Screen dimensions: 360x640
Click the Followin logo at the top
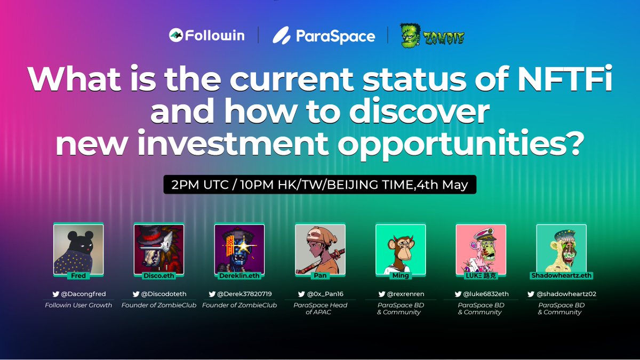[x=206, y=36]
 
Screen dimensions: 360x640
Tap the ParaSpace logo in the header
[x=324, y=36]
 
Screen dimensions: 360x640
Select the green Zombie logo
[x=433, y=36]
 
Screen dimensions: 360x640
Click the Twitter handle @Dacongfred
[x=83, y=293]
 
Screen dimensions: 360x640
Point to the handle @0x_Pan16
[x=324, y=293]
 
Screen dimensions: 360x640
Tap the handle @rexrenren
[x=404, y=293]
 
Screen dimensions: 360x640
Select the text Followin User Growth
[x=78, y=305]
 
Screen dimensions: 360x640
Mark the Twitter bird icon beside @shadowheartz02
[x=531, y=293]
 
